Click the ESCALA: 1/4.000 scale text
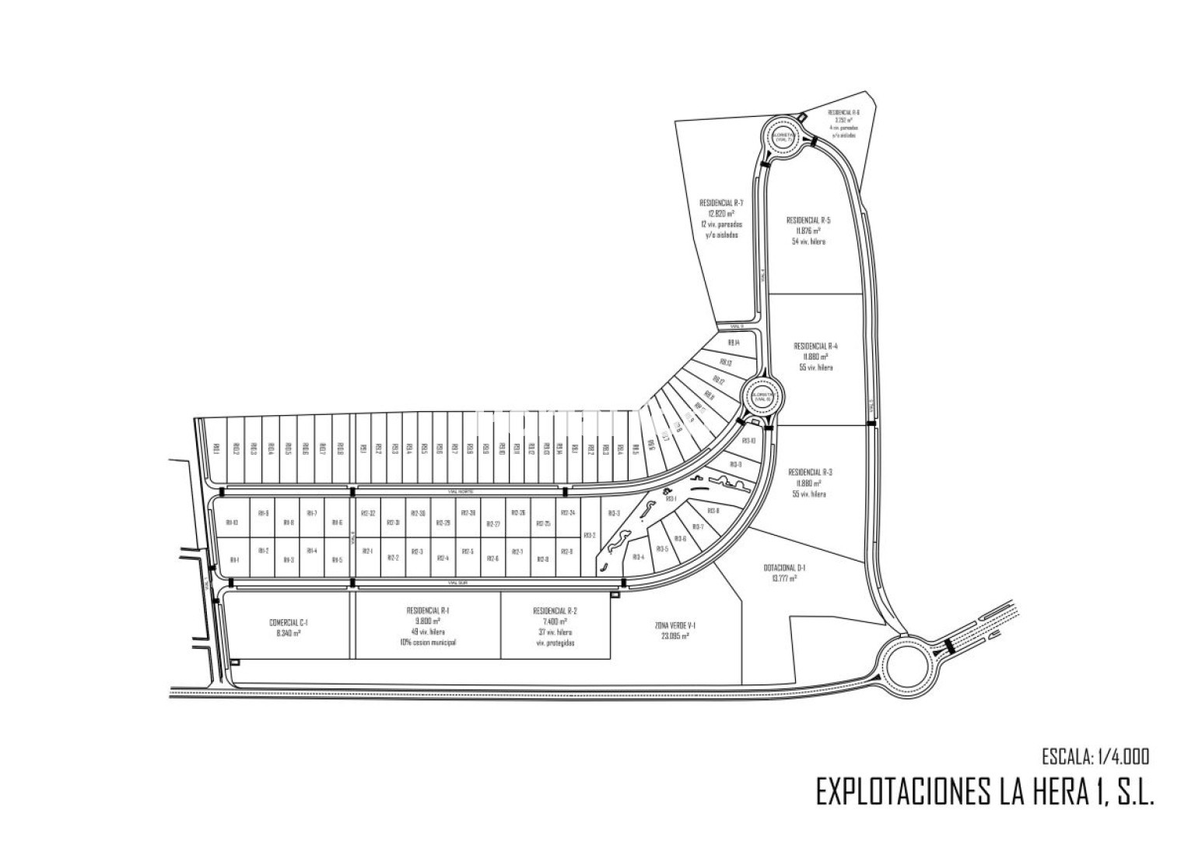click(1095, 755)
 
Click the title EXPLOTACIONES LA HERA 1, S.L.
click(984, 792)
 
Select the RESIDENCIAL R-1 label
click(428, 611)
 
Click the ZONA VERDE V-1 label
click(675, 625)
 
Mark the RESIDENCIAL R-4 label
click(815, 346)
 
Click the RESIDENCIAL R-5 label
click(808, 220)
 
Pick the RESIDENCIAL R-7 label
click(721, 202)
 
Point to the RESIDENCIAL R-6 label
click(843, 112)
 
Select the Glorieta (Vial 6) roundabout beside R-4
click(761, 397)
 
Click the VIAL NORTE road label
click(461, 491)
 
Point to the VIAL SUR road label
click(456, 582)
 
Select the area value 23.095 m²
click(675, 635)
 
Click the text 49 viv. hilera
click(428, 632)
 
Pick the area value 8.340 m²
click(289, 633)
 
